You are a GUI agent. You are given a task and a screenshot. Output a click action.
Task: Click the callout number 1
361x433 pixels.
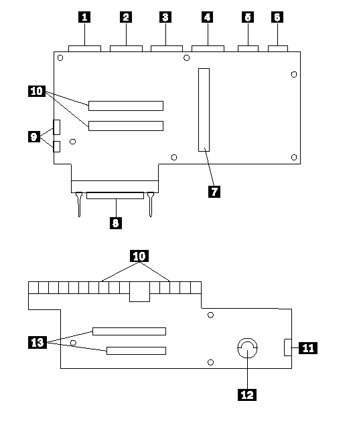point(84,17)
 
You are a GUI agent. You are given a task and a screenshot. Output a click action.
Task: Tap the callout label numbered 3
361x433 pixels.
point(165,17)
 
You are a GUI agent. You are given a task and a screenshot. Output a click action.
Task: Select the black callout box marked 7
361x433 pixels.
point(214,192)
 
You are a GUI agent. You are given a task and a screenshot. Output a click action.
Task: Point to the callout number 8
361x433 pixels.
point(116,223)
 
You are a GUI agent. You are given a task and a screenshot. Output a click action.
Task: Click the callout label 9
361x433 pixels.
point(34,136)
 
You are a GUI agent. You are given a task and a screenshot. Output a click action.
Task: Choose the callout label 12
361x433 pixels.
point(247,395)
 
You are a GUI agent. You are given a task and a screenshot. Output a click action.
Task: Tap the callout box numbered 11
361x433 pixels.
point(308,348)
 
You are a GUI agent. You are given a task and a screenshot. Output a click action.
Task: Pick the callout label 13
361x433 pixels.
point(38,342)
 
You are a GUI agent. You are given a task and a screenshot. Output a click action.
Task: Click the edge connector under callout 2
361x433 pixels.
point(126,49)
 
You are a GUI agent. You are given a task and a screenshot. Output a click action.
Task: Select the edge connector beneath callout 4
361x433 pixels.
point(208,49)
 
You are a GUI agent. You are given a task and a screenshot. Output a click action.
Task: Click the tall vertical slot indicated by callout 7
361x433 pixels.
point(204,110)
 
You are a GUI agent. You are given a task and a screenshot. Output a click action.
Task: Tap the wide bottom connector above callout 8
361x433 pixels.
point(115,196)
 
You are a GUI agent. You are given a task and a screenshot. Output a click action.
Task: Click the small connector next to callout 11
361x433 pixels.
point(288,347)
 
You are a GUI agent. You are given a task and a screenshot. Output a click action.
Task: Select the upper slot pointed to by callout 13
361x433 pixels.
point(129,331)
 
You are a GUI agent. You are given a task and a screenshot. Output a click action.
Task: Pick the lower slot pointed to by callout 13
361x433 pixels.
point(136,351)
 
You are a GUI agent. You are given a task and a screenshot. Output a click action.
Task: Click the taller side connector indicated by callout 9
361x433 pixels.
point(56,128)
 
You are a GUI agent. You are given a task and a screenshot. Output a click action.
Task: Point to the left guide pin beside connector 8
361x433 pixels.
point(79,204)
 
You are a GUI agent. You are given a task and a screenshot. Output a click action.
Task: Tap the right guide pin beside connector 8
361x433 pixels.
point(151,204)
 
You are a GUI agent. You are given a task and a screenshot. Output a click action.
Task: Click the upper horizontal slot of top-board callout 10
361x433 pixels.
point(126,106)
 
